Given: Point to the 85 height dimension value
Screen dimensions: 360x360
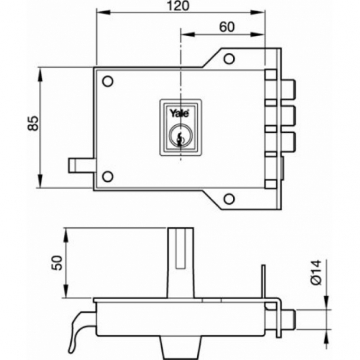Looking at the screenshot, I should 34,123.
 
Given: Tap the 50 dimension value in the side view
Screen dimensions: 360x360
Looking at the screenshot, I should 57,263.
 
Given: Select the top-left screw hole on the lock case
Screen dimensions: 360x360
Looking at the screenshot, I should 107,81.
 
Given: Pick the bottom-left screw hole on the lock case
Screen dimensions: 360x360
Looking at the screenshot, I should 107,176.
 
